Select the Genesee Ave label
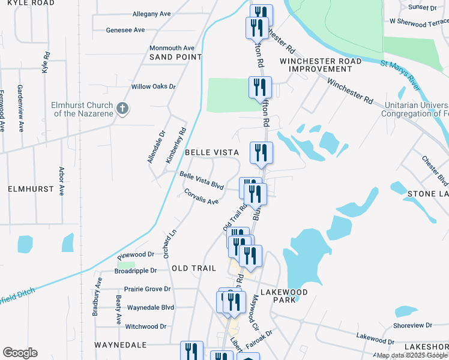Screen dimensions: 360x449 [x=125, y=30]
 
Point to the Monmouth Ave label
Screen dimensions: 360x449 [x=172, y=48]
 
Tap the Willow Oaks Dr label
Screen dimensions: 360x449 [x=154, y=86]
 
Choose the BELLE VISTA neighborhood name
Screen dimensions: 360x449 [x=212, y=153]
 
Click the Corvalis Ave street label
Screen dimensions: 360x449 [x=202, y=197]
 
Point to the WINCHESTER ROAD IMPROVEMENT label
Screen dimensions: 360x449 [x=325, y=65]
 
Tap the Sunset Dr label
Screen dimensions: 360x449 [x=423, y=7]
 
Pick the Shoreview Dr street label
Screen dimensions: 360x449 [x=412, y=325]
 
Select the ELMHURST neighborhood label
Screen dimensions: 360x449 [x=27, y=189]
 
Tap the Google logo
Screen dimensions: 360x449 [x=19, y=353]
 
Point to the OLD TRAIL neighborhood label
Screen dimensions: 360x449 [x=194, y=268]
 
